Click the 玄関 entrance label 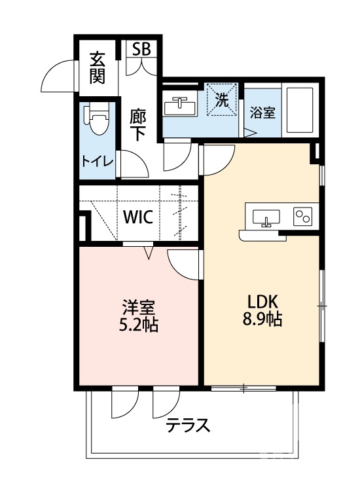pyautogui.click(x=98, y=67)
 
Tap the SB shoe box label pyautogui.click(x=141, y=49)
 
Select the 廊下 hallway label pyautogui.click(x=137, y=125)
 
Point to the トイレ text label pyautogui.click(x=98, y=161)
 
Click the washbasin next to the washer pyautogui.click(x=179, y=105)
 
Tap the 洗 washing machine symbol pyautogui.click(x=223, y=100)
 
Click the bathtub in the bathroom pyautogui.click(x=300, y=109)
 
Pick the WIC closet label pyautogui.click(x=138, y=217)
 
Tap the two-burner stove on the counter pyautogui.click(x=303, y=215)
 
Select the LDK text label pyautogui.click(x=263, y=302)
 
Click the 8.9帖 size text pyautogui.click(x=264, y=320)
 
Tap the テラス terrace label pyautogui.click(x=188, y=426)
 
